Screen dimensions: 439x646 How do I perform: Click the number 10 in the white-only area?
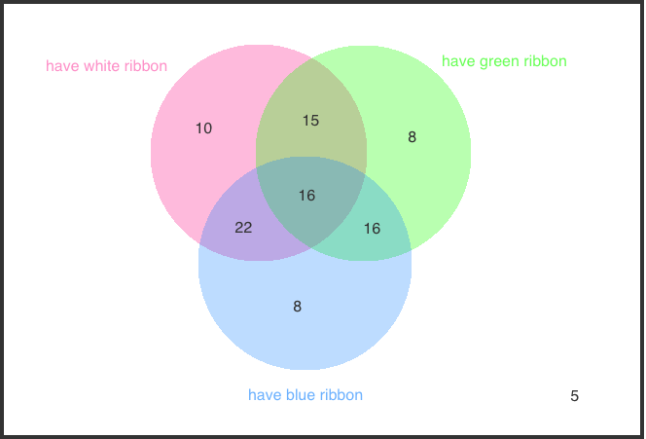click(x=203, y=128)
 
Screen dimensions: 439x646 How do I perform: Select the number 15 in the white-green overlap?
click(x=310, y=121)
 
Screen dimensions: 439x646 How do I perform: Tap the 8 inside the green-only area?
click(x=412, y=137)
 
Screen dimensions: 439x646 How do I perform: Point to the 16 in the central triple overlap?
click(x=306, y=196)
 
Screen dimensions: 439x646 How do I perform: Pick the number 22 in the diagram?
click(x=243, y=228)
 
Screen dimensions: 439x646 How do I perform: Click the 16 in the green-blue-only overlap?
click(x=372, y=229)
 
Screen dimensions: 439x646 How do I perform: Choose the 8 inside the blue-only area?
click(x=298, y=307)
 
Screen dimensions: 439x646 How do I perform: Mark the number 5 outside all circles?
click(x=574, y=396)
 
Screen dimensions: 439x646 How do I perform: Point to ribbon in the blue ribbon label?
click(x=341, y=395)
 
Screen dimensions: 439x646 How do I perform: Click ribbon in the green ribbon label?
click(x=544, y=61)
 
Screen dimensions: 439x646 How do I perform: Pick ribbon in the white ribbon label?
click(x=145, y=66)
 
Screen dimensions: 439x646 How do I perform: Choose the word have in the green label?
click(x=457, y=61)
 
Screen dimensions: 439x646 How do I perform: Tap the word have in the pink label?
click(x=62, y=66)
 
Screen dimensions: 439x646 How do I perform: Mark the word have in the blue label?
click(x=265, y=395)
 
